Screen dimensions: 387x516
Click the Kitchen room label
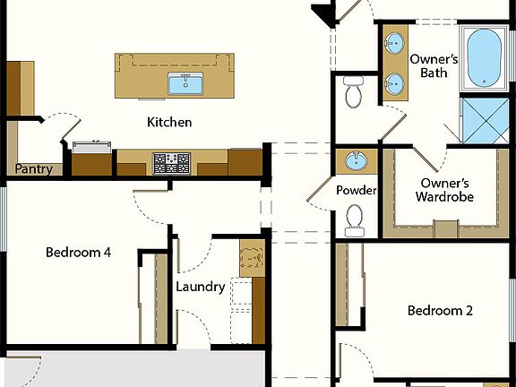(169, 122)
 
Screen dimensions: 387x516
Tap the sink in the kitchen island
(185, 84)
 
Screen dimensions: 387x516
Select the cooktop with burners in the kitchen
(172, 163)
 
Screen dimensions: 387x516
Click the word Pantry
(33, 168)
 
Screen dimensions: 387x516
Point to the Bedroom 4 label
(78, 253)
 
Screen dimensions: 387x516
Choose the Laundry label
(200, 287)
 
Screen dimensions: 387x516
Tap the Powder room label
(356, 191)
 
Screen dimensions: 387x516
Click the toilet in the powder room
(356, 219)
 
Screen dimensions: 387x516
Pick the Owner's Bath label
(434, 65)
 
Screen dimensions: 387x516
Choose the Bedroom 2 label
(440, 311)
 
